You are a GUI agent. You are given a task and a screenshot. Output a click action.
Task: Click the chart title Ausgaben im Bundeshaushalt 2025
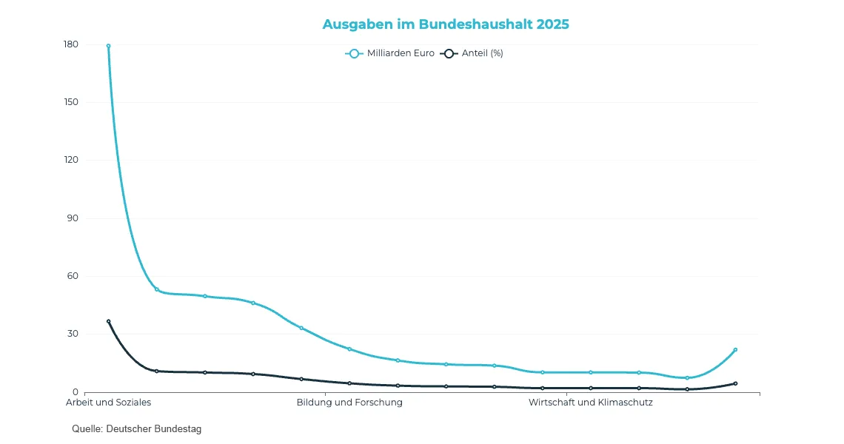446,24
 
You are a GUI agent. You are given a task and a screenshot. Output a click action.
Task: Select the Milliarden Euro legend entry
390,53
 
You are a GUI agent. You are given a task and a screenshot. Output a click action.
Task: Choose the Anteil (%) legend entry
472,53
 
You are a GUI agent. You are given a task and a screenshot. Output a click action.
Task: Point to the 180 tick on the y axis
71,44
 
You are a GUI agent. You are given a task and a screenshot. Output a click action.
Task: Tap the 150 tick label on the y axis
71,102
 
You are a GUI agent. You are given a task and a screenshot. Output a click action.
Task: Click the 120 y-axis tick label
71,161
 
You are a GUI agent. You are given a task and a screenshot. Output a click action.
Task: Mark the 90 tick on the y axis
73,218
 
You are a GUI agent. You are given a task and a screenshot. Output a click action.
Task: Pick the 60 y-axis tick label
73,276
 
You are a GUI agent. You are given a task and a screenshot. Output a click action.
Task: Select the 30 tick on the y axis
73,334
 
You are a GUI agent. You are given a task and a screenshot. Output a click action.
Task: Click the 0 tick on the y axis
76,392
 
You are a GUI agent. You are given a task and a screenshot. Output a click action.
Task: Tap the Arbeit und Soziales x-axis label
108,403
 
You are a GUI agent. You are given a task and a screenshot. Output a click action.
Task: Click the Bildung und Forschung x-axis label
349,403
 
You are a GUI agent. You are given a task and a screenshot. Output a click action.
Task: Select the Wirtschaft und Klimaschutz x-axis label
591,403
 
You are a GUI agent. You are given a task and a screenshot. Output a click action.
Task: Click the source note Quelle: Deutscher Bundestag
137,429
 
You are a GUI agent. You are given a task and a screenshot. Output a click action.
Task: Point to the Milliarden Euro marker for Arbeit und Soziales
108,46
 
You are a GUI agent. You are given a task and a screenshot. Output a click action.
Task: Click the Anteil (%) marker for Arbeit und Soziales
108,321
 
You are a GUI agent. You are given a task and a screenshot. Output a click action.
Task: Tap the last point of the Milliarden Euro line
735,349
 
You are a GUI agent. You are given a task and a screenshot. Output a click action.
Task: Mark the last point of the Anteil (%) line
735,383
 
